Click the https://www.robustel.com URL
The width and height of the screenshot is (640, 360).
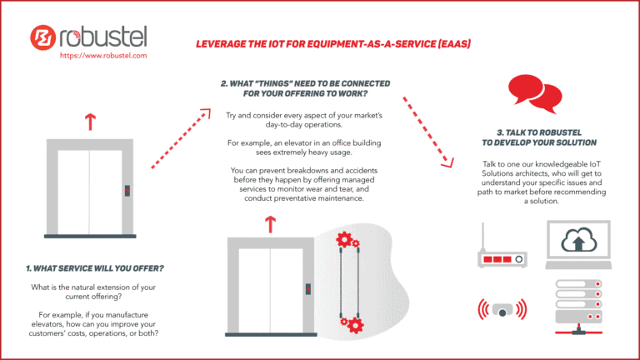(x=103, y=55)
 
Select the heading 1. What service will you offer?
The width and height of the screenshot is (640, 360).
(x=94, y=268)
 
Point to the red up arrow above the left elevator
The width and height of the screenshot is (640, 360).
(x=89, y=122)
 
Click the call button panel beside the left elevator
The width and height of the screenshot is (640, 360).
(x=127, y=190)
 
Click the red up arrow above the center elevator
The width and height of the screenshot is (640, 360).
(x=269, y=223)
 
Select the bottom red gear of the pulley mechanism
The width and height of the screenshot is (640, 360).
(x=354, y=323)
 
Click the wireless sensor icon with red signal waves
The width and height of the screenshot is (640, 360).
(x=502, y=309)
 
